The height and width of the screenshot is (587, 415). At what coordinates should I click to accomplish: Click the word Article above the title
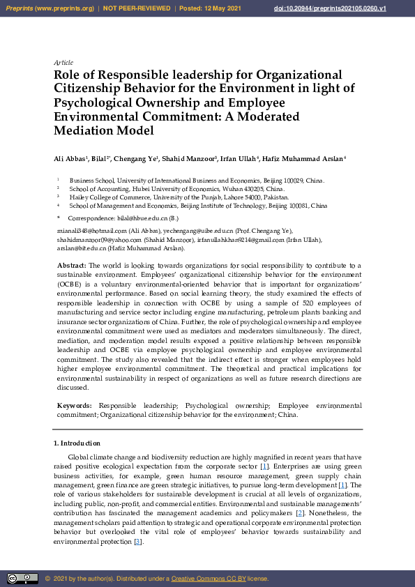tap(63, 63)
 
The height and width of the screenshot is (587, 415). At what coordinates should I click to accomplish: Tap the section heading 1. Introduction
tap(77, 443)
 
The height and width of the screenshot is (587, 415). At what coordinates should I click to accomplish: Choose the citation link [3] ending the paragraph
tap(138, 542)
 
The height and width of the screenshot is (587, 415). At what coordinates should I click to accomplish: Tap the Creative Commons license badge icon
tap(22, 578)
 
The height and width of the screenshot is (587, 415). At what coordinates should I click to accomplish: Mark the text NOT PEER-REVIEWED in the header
tap(137, 8)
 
